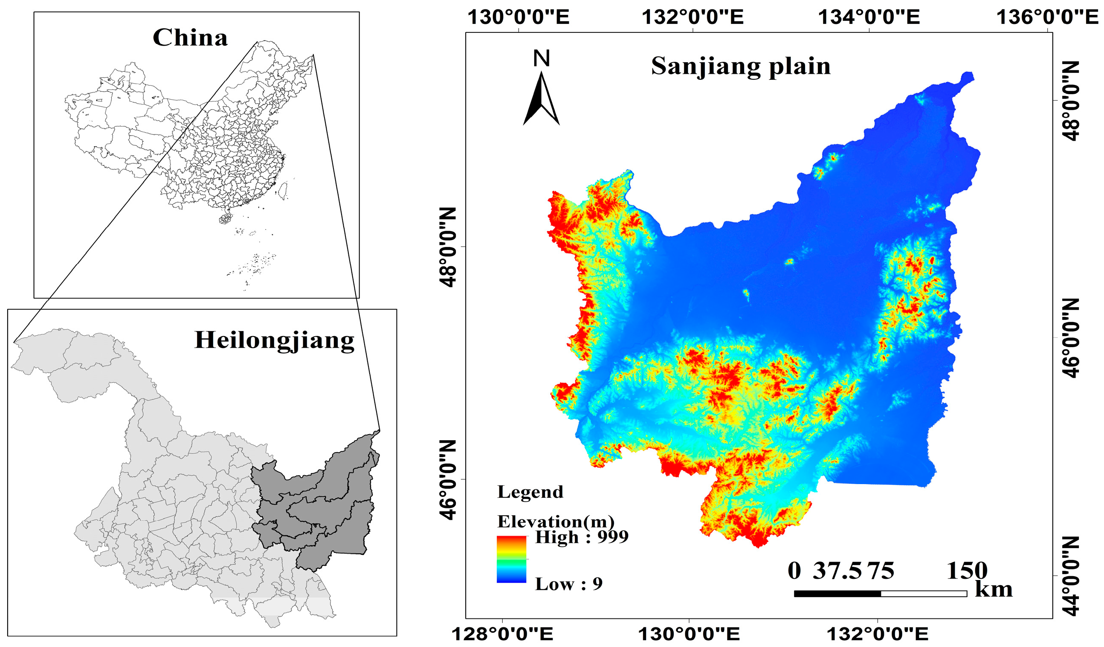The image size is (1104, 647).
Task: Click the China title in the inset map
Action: coord(190,38)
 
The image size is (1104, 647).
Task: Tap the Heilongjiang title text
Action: coord(274,340)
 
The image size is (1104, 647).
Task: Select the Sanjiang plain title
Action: coord(740,67)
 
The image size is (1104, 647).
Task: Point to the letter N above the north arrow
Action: coord(542,58)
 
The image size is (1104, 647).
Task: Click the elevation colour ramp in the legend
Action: coord(511,560)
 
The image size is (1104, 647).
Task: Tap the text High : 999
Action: coord(581,537)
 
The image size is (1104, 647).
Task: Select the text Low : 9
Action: coord(569,584)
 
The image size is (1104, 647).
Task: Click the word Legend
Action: coord(530,492)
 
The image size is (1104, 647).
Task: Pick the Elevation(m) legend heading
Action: coord(556,521)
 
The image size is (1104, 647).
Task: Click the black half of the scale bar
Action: coord(837,594)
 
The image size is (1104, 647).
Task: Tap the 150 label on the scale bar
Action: coord(967,571)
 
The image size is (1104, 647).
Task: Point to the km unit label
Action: coord(994,589)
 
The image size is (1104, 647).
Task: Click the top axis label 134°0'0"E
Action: coord(869,17)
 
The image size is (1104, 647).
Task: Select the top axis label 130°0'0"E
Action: coord(518,17)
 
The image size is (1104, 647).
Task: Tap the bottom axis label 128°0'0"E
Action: coord(502,634)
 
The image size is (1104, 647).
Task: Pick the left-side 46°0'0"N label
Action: coord(448,480)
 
